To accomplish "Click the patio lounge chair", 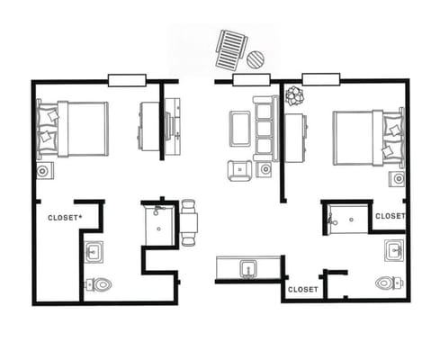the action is [231, 49].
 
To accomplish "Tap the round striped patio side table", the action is [256, 59].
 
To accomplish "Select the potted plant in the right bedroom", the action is [294, 95].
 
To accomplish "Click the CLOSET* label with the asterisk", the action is [65, 218].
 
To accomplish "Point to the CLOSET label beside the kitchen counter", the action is [303, 290].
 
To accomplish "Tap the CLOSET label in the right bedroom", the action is [391, 216].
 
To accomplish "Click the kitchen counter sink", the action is [247, 269].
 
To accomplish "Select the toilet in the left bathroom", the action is [98, 284].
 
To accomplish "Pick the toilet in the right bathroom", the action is [390, 283].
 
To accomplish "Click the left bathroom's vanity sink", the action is [94, 252].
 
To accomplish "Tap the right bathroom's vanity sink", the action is [394, 250].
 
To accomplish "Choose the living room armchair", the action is [239, 170].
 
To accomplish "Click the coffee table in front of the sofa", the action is [240, 129].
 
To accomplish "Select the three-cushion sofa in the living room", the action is [265, 129].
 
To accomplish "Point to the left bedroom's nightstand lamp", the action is [45, 171].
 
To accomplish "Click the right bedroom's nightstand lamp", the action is [397, 179].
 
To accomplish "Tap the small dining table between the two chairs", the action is [188, 222].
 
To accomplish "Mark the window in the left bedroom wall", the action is [127, 80].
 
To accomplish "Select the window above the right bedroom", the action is [321, 79].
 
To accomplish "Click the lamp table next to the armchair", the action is [265, 169].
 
